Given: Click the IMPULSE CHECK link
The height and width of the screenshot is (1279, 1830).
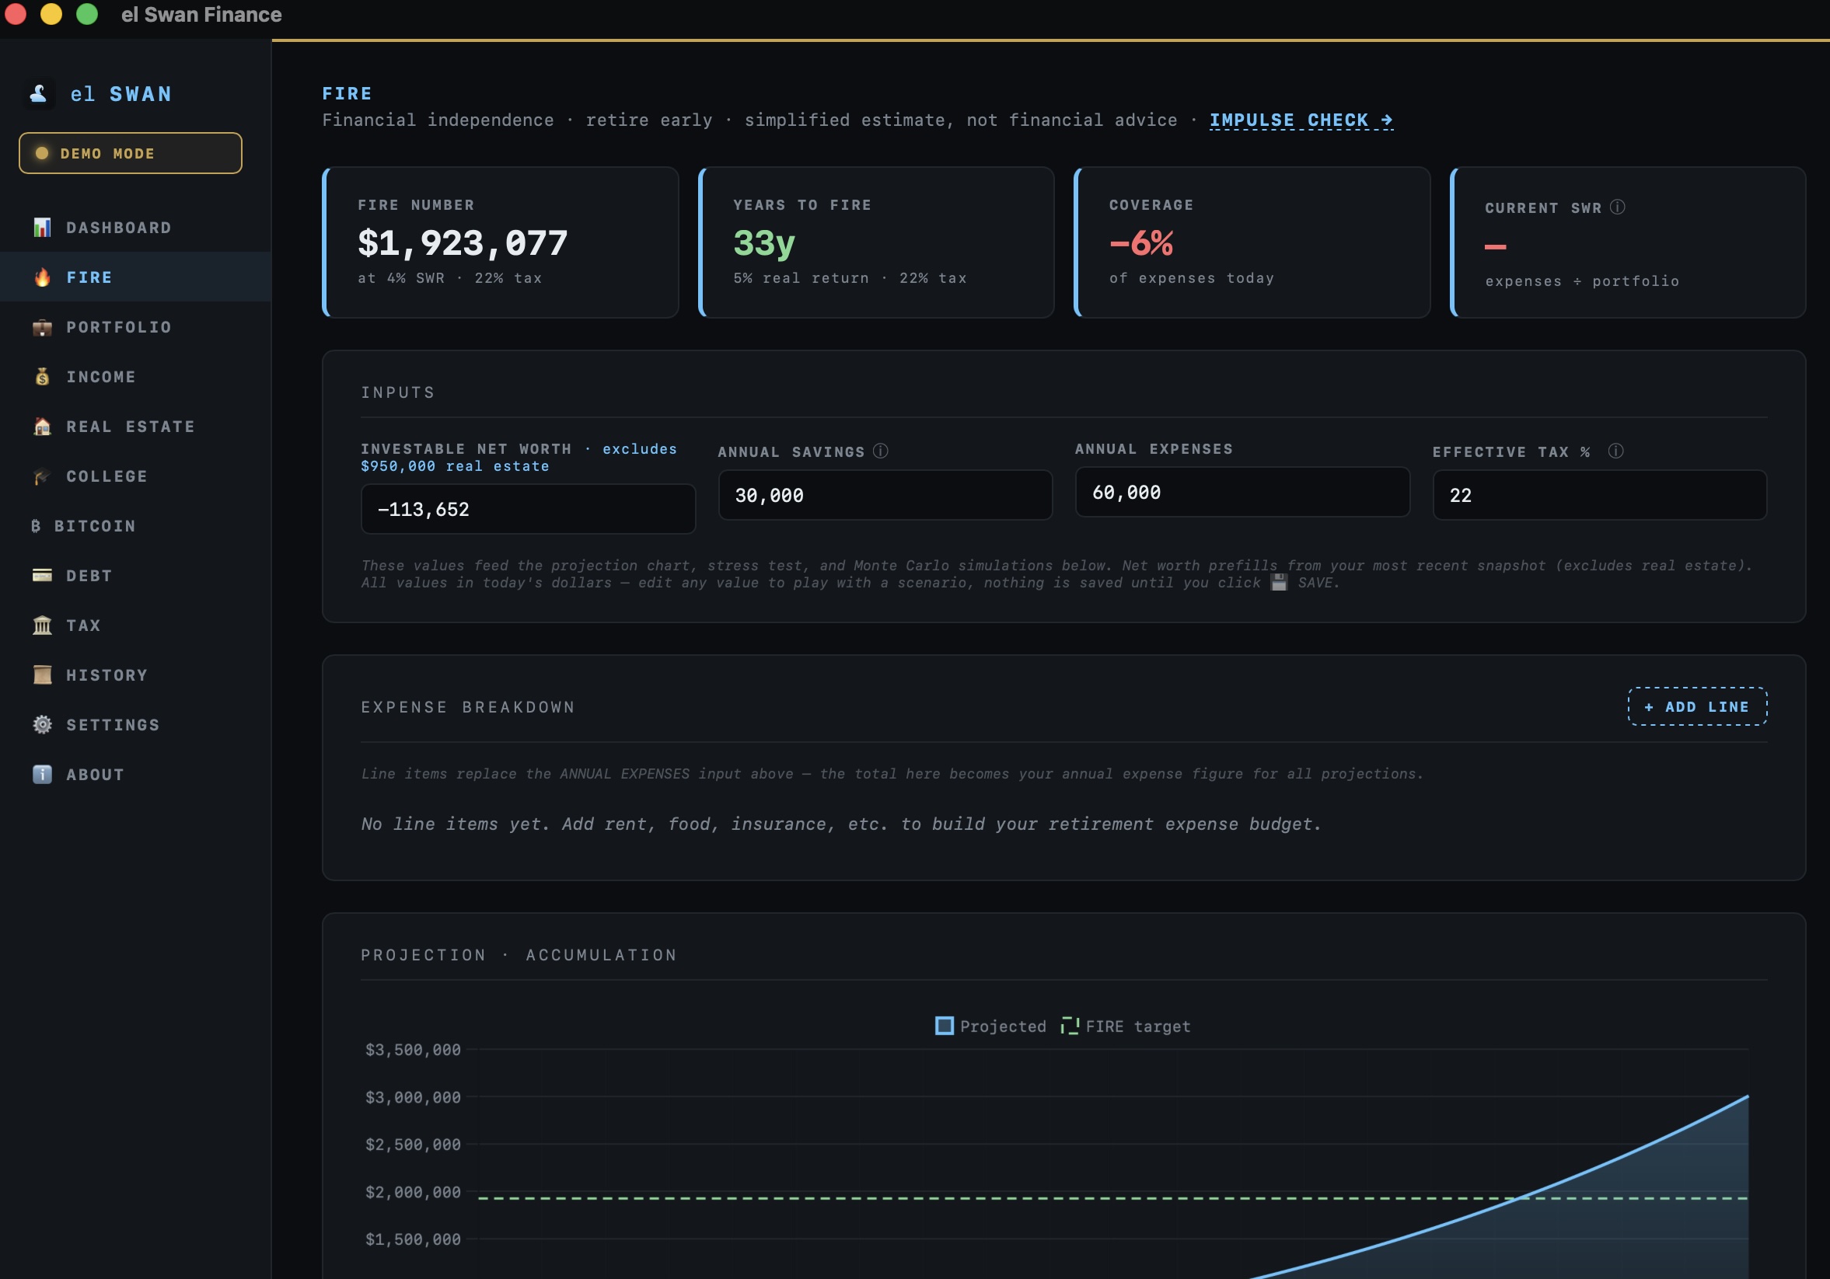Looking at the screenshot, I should click(1301, 120).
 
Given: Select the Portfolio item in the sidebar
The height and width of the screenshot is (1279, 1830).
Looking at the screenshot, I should click(118, 327).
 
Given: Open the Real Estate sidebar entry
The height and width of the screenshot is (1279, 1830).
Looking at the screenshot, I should click(130, 427).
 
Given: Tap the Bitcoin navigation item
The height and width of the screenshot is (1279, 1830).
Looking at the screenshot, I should click(94, 526).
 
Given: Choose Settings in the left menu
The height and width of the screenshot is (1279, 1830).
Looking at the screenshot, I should click(113, 725).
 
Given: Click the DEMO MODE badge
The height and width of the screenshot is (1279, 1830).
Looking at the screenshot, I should click(130, 153).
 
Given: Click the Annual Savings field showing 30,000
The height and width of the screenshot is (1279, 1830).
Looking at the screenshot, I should click(885, 496).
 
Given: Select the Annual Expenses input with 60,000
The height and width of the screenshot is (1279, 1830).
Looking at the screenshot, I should click(1242, 493).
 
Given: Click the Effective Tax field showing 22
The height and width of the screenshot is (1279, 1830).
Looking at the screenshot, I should click(1599, 496).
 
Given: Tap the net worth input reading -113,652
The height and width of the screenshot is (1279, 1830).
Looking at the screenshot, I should click(528, 509).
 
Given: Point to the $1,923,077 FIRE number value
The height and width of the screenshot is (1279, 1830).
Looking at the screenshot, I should click(463, 243).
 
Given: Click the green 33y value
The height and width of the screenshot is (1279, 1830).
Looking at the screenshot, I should click(763, 243).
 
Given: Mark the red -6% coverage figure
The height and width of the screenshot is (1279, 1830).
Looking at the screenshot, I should click(1140, 243).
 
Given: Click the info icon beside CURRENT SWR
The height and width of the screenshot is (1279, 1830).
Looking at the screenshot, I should click(1617, 207).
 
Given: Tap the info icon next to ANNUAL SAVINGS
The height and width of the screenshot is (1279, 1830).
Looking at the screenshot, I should click(881, 451).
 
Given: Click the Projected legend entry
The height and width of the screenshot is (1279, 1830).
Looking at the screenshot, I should click(990, 1026).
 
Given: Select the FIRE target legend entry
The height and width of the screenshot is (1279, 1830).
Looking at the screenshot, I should click(1126, 1026).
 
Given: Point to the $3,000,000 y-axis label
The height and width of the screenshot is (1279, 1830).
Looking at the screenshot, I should click(413, 1097).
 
